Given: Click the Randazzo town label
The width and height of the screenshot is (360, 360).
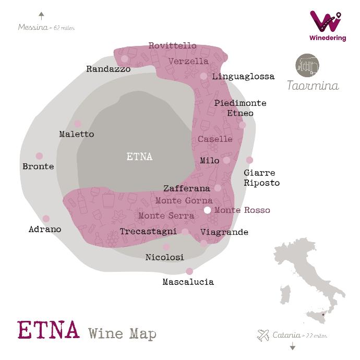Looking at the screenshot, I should tap(109, 69).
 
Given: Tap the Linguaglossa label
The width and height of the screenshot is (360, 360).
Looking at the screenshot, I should tap(243, 77).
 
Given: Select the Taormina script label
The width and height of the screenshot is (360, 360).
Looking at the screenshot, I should tap(313, 86).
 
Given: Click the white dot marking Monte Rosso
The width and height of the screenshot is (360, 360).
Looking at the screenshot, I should tap(208, 210).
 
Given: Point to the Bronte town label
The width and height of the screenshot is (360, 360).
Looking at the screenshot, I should tap(38, 166).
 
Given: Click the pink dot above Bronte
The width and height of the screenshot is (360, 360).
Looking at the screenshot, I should tap(39, 155).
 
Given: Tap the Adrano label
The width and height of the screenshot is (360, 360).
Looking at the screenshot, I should tap(45, 229).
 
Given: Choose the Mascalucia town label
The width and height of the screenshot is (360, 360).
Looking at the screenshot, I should tap(188, 282).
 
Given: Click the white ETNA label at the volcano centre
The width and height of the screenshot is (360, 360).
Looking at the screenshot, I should tap(139, 157).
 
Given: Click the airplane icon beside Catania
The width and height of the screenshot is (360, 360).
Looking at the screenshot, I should tap(263, 335).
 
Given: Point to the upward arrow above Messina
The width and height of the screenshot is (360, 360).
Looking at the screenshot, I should tap(41, 16).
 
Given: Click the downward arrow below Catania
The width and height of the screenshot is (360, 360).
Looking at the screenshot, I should tap(293, 346).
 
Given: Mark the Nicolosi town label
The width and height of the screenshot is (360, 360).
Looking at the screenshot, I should tap(164, 257).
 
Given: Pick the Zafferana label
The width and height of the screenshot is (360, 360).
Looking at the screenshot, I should tap(186, 188).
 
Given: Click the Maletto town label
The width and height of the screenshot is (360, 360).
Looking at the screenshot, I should tap(77, 134).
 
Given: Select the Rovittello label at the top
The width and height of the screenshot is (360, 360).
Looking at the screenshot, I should tap(173, 46).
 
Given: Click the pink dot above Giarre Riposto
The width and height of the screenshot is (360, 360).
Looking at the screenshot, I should tap(249, 160).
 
